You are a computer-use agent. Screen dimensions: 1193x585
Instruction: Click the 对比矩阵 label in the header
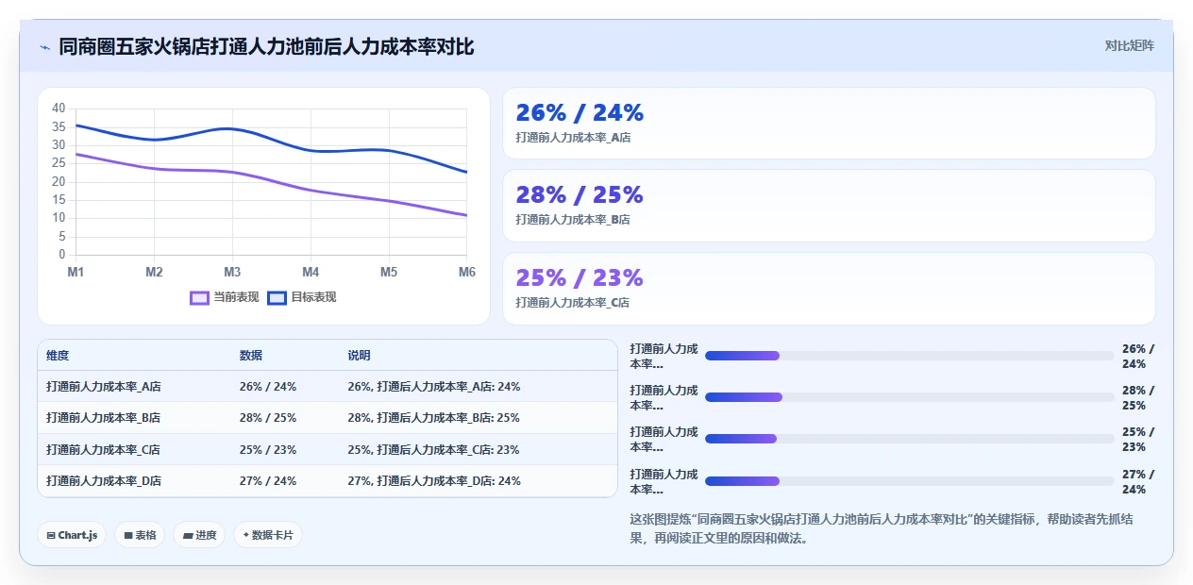point(1129,46)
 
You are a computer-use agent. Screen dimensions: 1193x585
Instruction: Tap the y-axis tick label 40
point(59,109)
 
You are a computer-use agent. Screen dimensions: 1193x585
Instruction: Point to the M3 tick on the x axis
point(232,272)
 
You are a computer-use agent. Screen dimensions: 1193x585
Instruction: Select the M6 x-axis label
point(466,272)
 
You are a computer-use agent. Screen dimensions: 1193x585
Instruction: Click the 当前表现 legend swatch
point(199,297)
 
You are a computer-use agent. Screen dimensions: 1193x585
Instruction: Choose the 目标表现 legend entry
point(302,297)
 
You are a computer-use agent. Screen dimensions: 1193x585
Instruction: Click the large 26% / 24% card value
point(580,113)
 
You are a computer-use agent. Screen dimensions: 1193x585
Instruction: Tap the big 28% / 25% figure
point(580,194)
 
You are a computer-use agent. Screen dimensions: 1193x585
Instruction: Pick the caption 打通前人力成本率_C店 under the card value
point(573,302)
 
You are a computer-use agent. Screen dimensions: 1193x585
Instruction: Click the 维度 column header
point(58,356)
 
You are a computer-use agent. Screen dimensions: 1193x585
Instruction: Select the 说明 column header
point(359,356)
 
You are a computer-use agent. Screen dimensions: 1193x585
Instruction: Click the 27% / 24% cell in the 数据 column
point(268,480)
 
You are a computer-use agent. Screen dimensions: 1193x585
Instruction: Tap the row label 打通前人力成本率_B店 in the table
point(103,418)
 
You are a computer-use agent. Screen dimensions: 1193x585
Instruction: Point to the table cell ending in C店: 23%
point(433,450)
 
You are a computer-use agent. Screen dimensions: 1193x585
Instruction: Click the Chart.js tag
point(72,535)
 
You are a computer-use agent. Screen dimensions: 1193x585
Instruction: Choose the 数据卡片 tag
point(268,535)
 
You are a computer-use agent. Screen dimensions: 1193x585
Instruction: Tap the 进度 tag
point(199,535)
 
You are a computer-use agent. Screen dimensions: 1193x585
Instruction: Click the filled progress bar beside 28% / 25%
point(744,397)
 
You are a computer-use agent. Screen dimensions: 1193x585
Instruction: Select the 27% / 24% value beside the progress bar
point(1138,482)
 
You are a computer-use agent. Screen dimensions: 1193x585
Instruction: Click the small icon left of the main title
point(45,48)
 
